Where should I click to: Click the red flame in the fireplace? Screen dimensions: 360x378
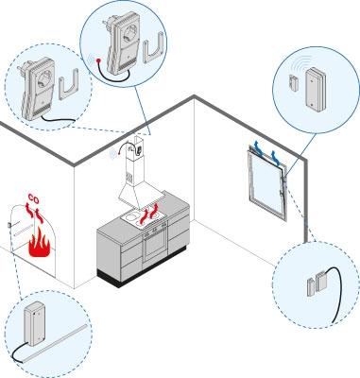click(x=39, y=243)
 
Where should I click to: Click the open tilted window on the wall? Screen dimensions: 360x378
click(x=268, y=182)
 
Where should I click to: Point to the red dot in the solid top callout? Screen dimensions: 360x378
click(x=98, y=60)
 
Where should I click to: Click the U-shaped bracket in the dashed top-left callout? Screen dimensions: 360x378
click(x=69, y=84)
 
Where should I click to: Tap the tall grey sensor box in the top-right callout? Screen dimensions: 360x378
click(x=316, y=90)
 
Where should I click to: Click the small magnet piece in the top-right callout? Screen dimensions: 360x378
click(x=294, y=83)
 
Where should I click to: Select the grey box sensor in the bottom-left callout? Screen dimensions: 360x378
click(x=34, y=324)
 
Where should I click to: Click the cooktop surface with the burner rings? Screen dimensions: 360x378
click(x=144, y=218)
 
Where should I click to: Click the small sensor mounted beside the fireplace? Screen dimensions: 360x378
click(x=9, y=226)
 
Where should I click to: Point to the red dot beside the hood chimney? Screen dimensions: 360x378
click(x=119, y=153)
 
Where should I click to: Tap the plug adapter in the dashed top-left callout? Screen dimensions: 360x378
click(x=36, y=89)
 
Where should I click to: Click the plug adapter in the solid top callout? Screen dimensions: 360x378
click(x=121, y=43)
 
